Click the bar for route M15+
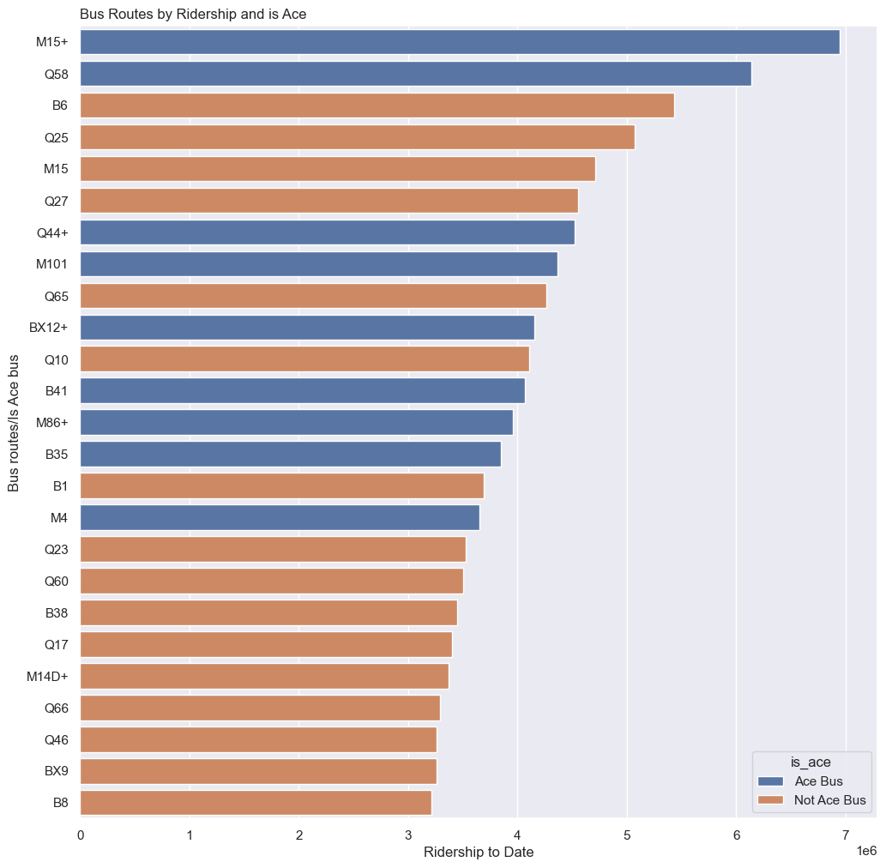point(460,42)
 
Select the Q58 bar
point(415,74)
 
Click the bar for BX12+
point(307,328)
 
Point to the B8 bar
point(256,803)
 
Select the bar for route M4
point(280,518)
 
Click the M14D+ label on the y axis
point(47,677)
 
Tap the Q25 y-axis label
point(57,137)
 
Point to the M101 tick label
point(52,264)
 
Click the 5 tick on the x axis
point(627,835)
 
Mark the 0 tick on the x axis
point(81,835)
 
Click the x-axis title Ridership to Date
point(479,852)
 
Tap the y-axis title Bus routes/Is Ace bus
point(14,423)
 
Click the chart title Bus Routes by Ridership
point(193,14)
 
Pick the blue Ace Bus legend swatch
point(773,781)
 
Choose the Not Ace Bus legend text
point(831,800)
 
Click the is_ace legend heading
point(811,761)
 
